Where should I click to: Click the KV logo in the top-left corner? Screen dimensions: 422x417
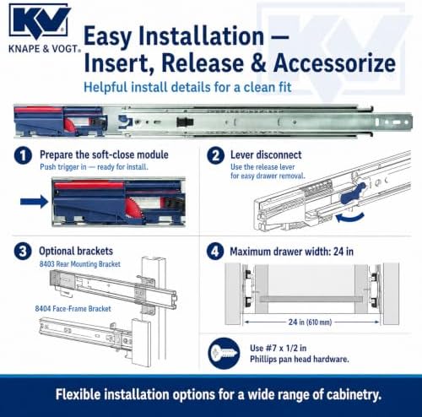coord(39,21)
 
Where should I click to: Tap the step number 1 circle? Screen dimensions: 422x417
coord(23,155)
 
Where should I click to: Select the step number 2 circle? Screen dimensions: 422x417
coord(215,155)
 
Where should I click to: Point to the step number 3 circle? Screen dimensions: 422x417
coord(23,252)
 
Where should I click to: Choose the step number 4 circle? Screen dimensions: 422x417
coord(215,252)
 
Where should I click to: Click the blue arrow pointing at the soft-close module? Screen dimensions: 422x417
coord(34,202)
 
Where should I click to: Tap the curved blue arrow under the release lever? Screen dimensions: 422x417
coord(349,217)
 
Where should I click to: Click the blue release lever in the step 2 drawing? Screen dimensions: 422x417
coord(354,193)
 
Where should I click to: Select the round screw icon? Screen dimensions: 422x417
coord(224,353)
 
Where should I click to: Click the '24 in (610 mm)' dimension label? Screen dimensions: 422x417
coord(310,322)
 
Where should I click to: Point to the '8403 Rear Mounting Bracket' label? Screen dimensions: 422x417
coord(80,264)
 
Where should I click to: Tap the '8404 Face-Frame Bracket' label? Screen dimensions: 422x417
coord(73,309)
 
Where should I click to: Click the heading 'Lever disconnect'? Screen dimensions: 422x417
coord(266,154)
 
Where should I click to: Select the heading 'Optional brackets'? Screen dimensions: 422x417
coord(76,251)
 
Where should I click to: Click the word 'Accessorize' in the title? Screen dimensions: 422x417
coord(334,62)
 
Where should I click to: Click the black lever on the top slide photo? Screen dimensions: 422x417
coord(185,122)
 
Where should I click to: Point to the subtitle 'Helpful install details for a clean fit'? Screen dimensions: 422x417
coord(187,87)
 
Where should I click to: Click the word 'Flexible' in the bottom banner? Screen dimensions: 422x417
coord(78,394)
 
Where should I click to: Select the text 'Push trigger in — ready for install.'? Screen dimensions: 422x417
coord(94,167)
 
